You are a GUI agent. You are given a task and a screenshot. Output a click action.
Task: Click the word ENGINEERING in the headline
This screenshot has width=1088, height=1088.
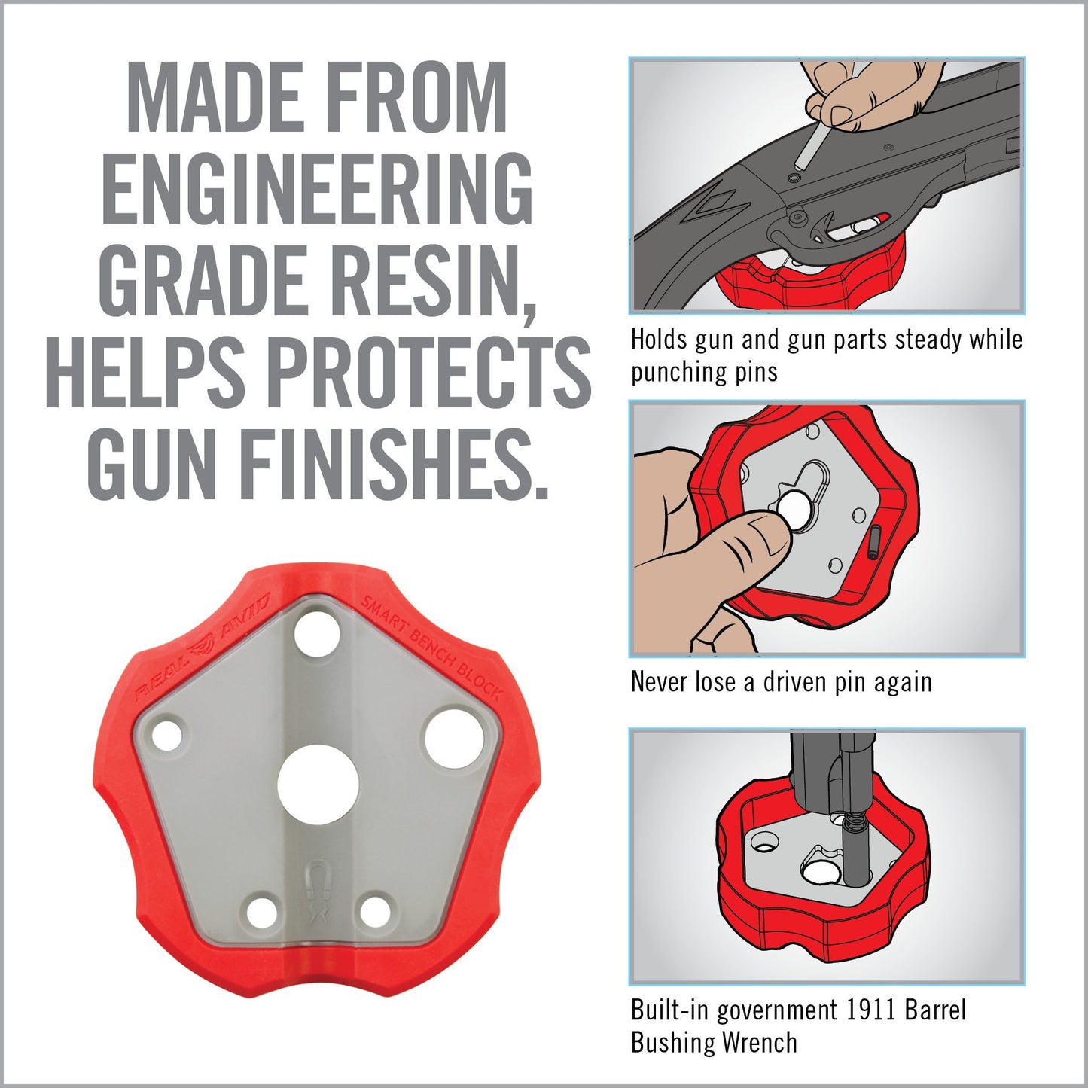(317, 188)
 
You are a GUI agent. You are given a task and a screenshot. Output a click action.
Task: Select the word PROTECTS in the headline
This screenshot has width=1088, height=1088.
(429, 372)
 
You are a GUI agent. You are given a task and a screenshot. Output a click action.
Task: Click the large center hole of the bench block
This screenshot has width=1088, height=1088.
(318, 783)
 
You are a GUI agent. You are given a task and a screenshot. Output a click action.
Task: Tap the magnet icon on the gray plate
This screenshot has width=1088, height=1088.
(319, 880)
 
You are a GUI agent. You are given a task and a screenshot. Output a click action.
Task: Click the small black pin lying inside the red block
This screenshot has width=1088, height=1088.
(874, 542)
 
